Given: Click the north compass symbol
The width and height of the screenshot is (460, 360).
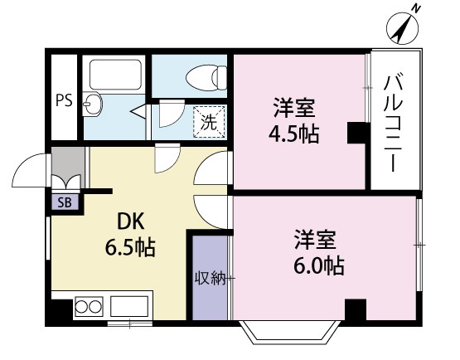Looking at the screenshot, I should coord(403,28).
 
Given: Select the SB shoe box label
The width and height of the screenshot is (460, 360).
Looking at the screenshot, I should coord(64,201).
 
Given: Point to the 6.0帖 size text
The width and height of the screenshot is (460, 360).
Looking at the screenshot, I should coord(318,266).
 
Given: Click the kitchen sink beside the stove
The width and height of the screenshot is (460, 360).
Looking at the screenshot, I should coord(128,307).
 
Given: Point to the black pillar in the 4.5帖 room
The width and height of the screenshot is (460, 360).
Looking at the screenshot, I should coord(356,133).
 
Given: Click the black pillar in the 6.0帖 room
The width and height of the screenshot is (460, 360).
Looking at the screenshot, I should coord(355,310).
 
